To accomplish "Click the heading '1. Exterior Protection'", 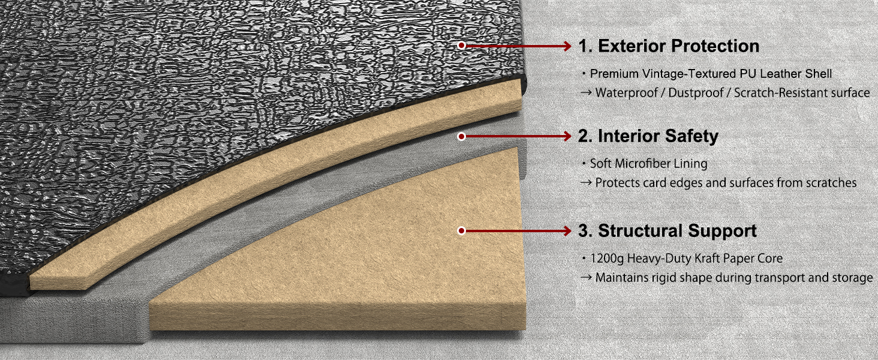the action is (x=669, y=46).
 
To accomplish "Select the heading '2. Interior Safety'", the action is (x=648, y=136).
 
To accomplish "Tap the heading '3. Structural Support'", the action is (x=667, y=230).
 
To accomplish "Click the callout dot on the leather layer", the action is (x=461, y=46).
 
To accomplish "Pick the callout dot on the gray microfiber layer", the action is (x=461, y=136).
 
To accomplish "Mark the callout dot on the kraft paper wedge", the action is (x=461, y=230).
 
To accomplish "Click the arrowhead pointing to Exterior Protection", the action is (x=567, y=46).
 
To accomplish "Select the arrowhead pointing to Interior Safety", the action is (x=567, y=136).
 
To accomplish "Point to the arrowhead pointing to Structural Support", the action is (x=567, y=230).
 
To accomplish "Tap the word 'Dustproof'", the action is (x=696, y=93).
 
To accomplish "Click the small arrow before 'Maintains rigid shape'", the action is (x=586, y=278).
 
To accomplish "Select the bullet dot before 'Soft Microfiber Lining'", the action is (x=584, y=163).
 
